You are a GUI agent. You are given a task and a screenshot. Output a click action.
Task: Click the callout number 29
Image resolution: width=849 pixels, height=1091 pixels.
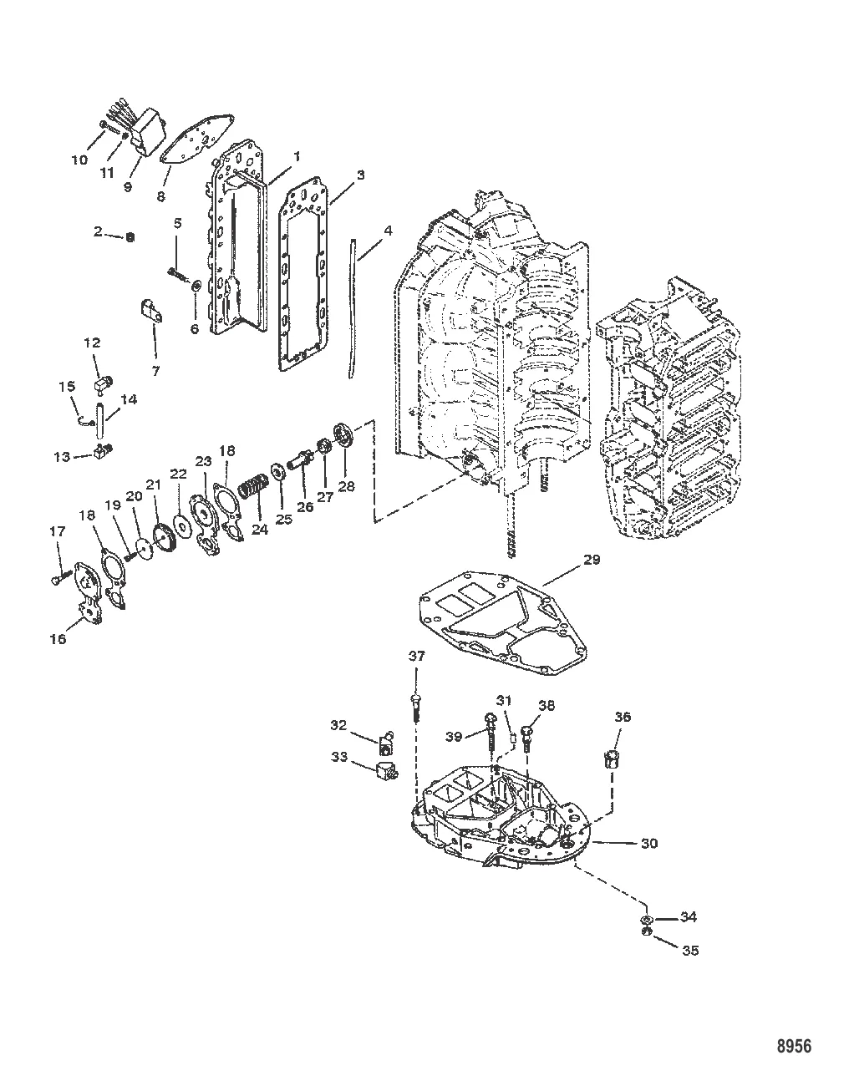click(x=591, y=560)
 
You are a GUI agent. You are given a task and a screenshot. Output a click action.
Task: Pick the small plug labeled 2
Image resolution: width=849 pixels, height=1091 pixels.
click(x=130, y=237)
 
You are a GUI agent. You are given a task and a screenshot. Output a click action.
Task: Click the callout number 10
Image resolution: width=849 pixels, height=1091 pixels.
click(x=79, y=159)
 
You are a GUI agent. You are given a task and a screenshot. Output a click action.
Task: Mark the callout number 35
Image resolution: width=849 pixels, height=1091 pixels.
click(x=690, y=951)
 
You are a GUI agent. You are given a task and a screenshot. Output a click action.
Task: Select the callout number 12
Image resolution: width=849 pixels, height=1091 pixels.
click(x=91, y=343)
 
